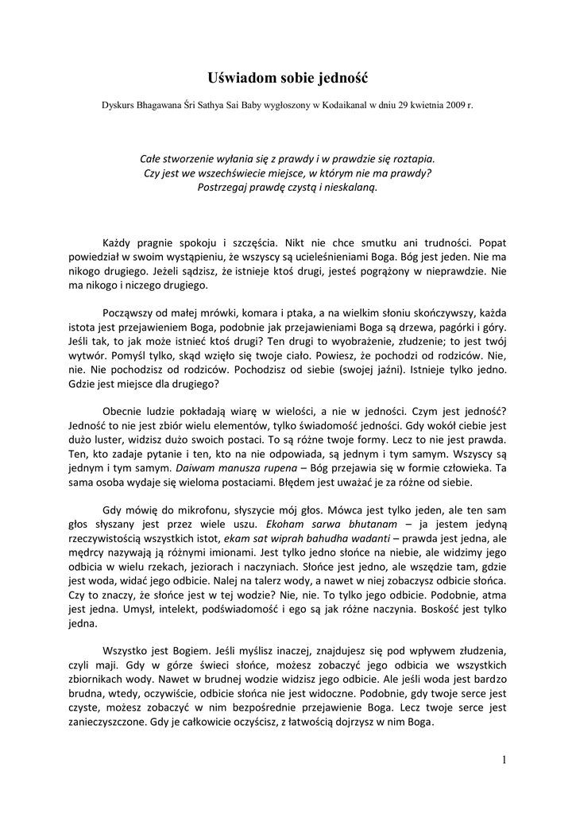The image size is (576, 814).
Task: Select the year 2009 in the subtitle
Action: point(451,104)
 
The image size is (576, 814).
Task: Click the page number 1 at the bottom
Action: point(503,760)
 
